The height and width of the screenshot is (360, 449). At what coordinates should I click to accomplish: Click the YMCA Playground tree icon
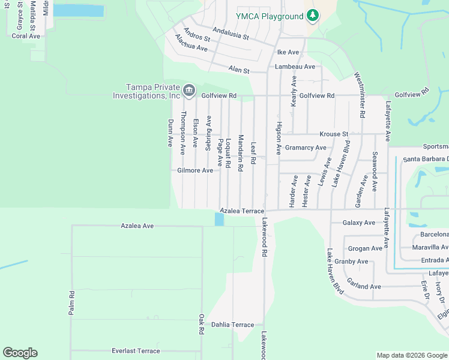(312, 15)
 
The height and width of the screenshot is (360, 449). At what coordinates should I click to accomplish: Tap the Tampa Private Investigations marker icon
(189, 91)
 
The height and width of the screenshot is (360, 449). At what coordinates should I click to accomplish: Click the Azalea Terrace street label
(242, 211)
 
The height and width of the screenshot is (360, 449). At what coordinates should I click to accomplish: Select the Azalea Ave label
(137, 226)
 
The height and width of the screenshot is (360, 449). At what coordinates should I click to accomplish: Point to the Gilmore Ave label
(195, 170)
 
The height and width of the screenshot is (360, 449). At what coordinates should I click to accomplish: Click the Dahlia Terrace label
(233, 325)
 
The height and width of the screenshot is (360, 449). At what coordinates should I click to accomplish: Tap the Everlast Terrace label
(136, 351)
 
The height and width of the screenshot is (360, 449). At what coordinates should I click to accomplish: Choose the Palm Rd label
(71, 303)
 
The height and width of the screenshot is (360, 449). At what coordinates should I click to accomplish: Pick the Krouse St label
(334, 134)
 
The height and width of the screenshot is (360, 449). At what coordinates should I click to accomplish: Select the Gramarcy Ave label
(306, 148)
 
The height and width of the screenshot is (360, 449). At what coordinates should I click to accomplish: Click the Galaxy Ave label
(359, 223)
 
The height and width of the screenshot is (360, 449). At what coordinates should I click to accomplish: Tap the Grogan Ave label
(365, 248)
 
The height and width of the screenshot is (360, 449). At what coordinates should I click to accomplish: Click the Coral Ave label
(26, 36)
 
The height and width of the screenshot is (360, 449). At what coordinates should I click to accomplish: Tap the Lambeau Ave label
(295, 67)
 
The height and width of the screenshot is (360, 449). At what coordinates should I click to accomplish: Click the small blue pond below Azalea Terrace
(219, 220)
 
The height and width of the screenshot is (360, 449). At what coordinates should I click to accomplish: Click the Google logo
(20, 353)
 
